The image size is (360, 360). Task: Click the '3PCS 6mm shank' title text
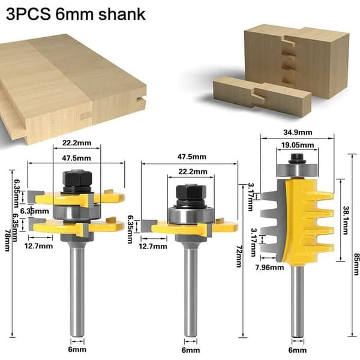[76, 14]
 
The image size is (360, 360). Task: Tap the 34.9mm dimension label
[298, 133]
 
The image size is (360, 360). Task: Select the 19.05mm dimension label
[298, 145]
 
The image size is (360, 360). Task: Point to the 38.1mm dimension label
[346, 220]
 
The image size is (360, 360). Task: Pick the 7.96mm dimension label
[269, 268]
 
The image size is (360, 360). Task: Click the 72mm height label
[239, 256]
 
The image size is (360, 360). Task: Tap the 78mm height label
[8, 241]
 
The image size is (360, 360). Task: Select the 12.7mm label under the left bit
[38, 246]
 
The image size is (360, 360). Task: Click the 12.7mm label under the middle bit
[153, 247]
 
